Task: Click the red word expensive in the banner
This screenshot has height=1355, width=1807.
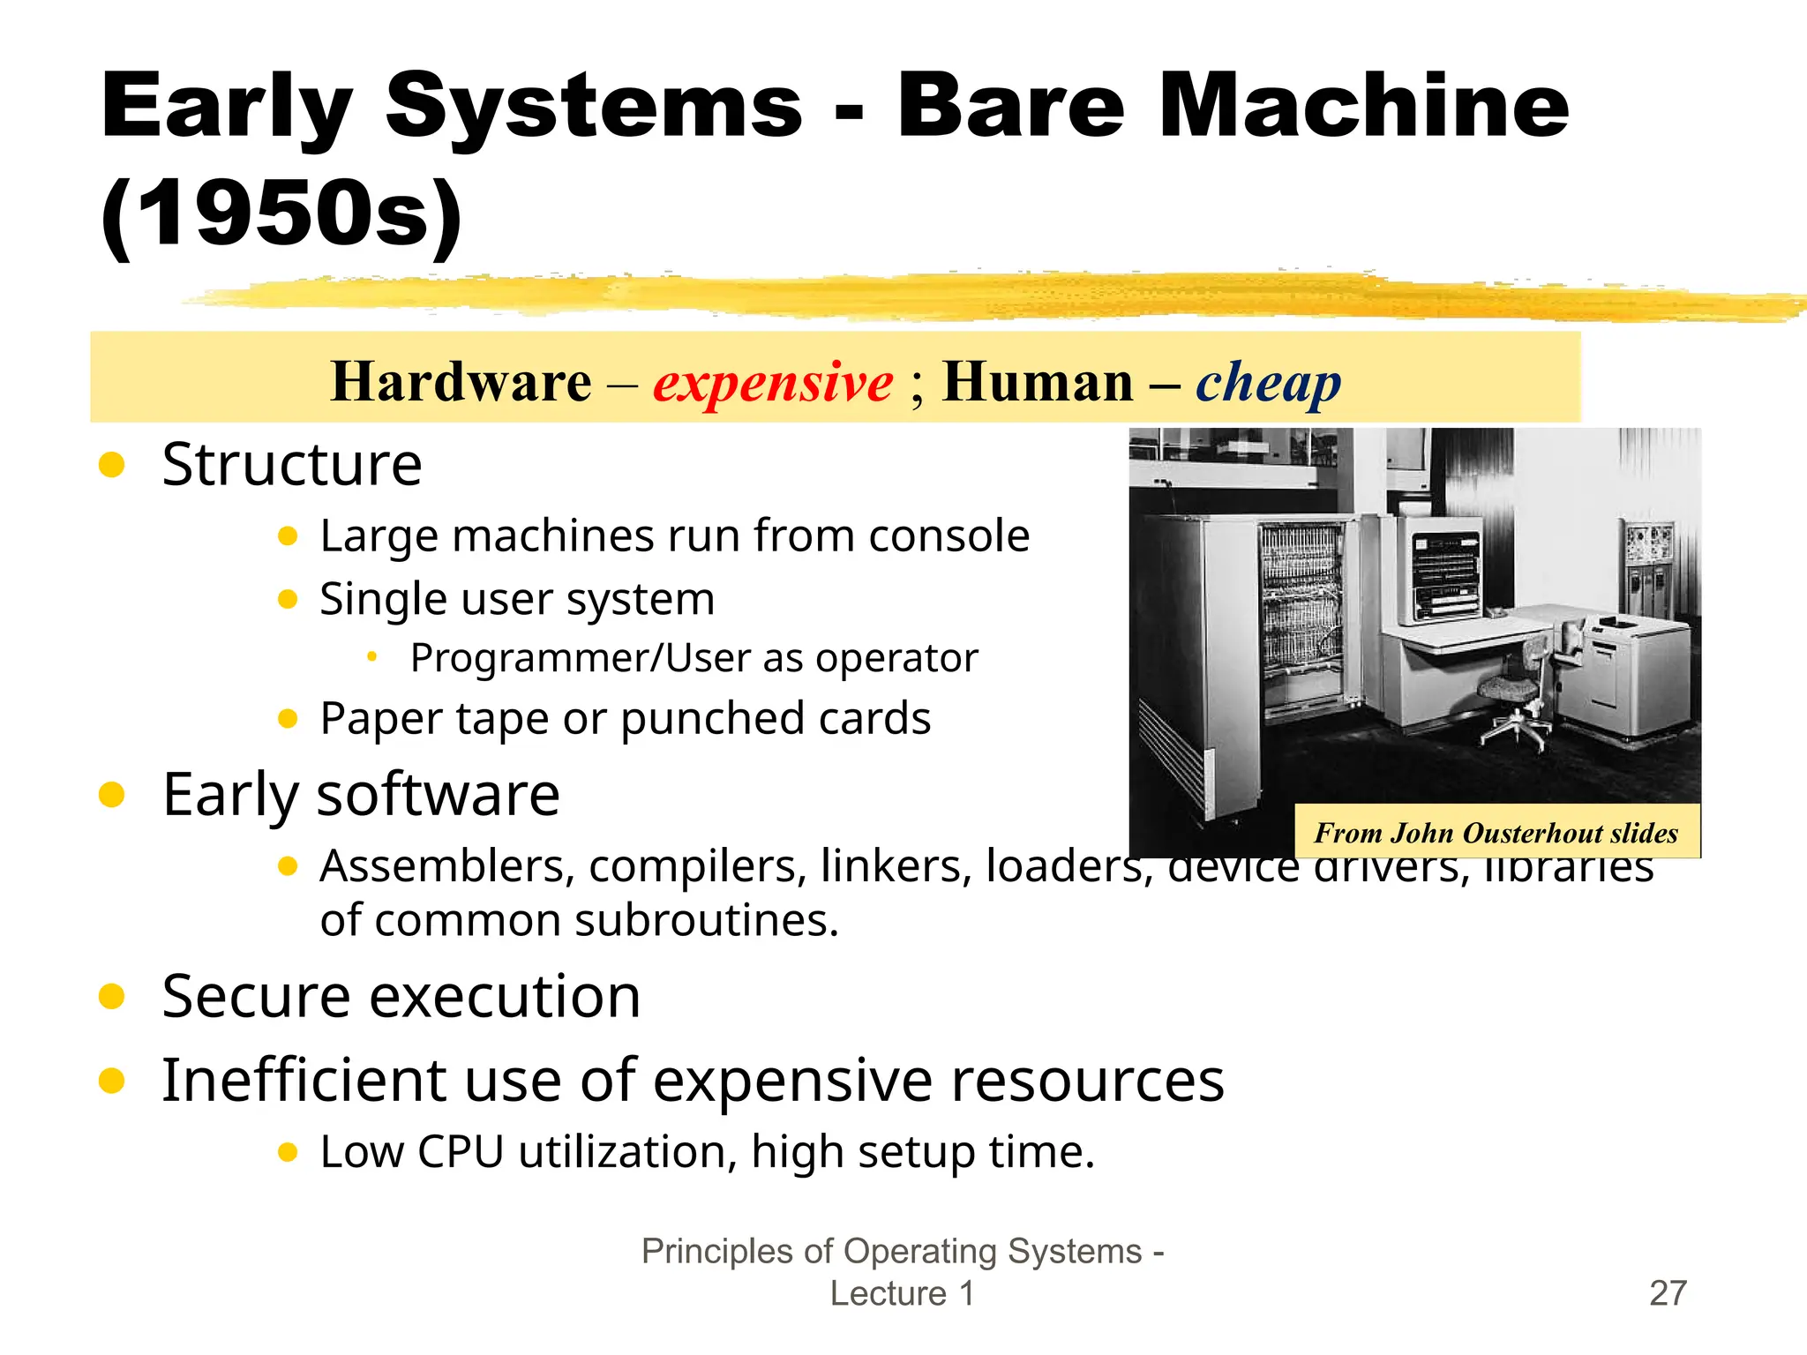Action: [773, 383]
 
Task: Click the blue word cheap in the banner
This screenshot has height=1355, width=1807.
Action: [1268, 383]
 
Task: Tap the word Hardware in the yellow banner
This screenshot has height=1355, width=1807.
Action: [461, 383]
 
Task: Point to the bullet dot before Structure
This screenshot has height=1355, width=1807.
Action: [112, 465]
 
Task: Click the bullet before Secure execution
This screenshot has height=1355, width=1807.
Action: [112, 997]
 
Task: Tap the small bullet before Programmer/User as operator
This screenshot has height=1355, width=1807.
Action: [372, 656]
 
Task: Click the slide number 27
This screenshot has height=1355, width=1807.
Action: [1668, 1293]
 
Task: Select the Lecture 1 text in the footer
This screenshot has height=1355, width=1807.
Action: [902, 1293]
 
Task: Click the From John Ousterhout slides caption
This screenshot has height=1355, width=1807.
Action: [1496, 833]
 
